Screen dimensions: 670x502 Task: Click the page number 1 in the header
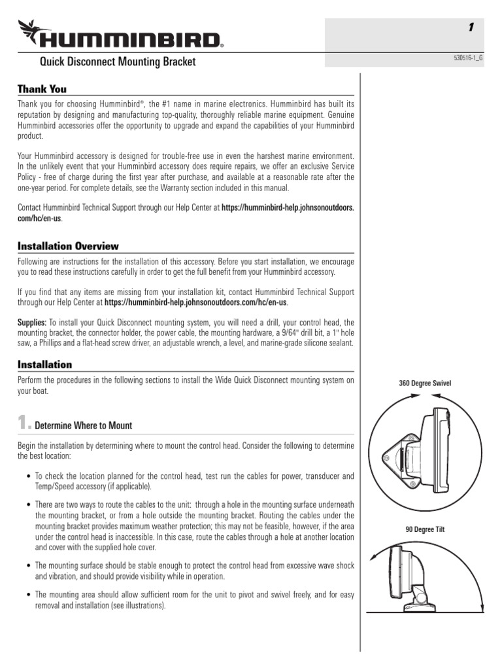tap(471, 27)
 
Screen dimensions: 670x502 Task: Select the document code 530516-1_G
tap(469, 58)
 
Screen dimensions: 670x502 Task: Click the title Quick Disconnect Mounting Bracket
tap(118, 63)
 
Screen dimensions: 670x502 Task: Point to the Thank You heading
tap(42, 89)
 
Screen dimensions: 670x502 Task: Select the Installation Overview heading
tap(68, 246)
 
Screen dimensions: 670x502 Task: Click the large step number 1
tap(24, 424)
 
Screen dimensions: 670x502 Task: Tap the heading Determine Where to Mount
tap(83, 425)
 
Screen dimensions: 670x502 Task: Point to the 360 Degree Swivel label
tap(425, 383)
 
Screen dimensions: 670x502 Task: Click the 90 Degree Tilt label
tap(425, 529)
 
